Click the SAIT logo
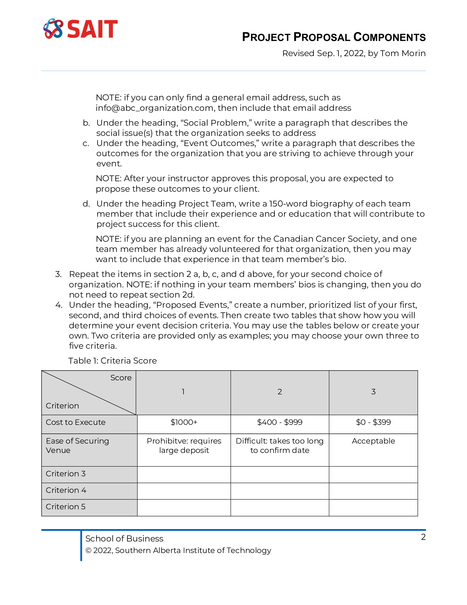(80, 29)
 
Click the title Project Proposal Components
(334, 37)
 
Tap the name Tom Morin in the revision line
(402, 53)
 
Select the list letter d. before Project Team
(86, 204)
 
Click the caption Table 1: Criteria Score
(112, 361)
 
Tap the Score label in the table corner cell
(121, 378)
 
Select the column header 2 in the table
(280, 392)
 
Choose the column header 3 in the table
(373, 392)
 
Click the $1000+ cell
(184, 422)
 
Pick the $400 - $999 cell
(280, 422)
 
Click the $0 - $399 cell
(373, 422)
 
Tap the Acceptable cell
(373, 441)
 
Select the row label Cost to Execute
(76, 422)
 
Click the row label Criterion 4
(66, 490)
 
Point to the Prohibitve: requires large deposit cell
(184, 446)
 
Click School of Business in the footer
(124, 538)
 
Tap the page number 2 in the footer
(423, 537)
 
